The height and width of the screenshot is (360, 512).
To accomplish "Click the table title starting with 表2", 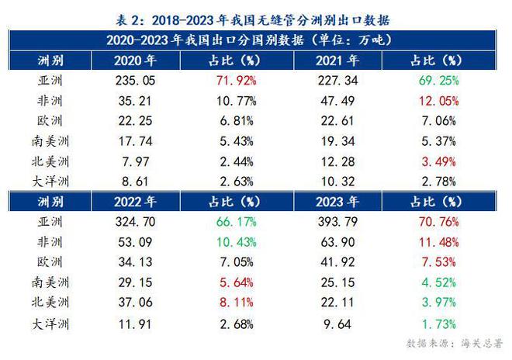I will [x=255, y=16].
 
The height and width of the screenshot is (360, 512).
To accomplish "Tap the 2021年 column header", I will [x=335, y=60].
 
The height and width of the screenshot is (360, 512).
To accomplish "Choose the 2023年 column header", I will [x=335, y=201].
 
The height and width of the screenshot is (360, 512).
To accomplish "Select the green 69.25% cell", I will [x=438, y=80].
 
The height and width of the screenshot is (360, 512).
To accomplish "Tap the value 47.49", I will [x=337, y=100].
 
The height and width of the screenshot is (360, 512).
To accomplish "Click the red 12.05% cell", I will [x=438, y=100].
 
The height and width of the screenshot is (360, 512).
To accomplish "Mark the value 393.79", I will [x=337, y=220].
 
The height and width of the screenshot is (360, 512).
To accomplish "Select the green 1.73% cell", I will [x=438, y=321].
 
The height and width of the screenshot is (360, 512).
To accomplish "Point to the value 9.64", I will [x=337, y=321].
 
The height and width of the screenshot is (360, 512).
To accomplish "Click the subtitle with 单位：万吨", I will [x=255, y=38].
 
